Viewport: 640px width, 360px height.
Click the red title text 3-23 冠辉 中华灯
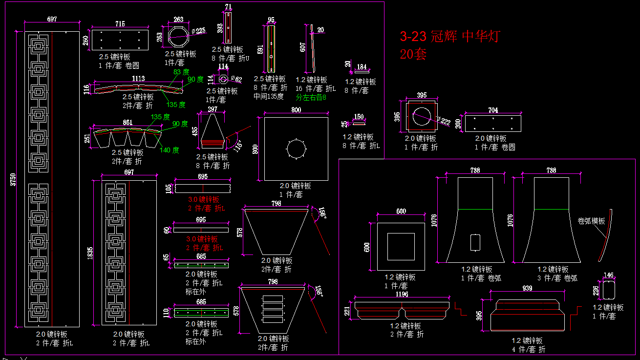pyautogui.click(x=449, y=36)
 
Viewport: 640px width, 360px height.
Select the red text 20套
pyautogui.click(x=413, y=54)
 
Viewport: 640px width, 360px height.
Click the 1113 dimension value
pyautogui.click(x=138, y=79)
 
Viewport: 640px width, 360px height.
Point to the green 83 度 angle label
pyautogui.click(x=181, y=72)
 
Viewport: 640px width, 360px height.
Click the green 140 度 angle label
pyautogui.click(x=169, y=150)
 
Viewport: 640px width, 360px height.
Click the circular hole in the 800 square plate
pyautogui.click(x=296, y=149)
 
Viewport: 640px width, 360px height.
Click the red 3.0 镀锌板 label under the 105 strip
pyautogui.click(x=204, y=199)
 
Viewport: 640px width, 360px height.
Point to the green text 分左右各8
pyautogui.click(x=311, y=97)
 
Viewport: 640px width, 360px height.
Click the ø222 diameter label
pyautogui.click(x=445, y=121)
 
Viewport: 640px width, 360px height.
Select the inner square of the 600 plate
pyautogui.click(x=401, y=246)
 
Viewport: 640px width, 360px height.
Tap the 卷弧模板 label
pyautogui.click(x=591, y=221)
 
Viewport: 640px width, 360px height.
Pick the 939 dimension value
pyautogui.click(x=527, y=289)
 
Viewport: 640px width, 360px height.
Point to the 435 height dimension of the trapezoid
pyautogui.click(x=195, y=131)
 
